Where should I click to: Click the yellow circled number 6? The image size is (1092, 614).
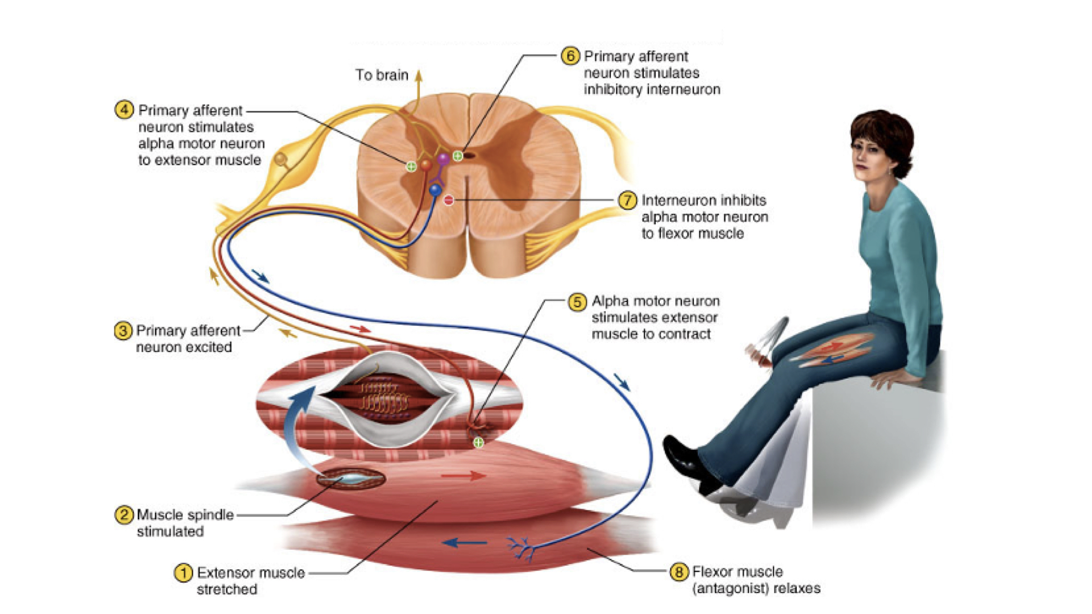tap(570, 56)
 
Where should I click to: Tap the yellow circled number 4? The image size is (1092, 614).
tap(124, 110)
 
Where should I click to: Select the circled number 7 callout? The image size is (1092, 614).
tap(627, 200)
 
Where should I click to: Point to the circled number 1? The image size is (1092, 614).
tap(183, 572)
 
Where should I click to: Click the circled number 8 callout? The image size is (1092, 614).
tap(679, 571)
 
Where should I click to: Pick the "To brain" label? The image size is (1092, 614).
tap(382, 75)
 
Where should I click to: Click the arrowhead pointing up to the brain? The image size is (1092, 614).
tap(419, 75)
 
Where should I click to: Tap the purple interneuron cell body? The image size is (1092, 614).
tap(443, 159)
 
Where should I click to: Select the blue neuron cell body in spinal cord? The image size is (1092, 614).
tap(436, 190)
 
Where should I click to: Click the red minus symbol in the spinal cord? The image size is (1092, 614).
tap(449, 200)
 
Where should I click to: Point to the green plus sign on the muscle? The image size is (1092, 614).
tap(479, 442)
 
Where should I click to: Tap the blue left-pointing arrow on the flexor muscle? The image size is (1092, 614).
tap(464, 543)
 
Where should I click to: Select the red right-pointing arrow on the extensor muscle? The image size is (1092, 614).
tap(463, 475)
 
